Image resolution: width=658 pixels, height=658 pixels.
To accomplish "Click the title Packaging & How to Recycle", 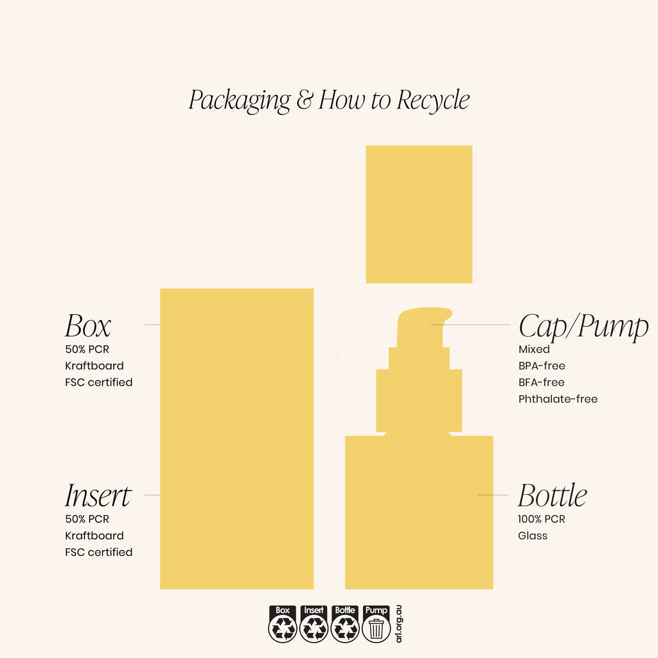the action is coord(329,100).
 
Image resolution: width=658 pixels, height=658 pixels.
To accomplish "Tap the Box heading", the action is coord(87,326).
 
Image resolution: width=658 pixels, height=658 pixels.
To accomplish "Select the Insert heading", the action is coord(98,495).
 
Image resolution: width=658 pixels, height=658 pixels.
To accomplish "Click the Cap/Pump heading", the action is coord(583,326).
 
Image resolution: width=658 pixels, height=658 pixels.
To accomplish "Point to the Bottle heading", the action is coord(552,495).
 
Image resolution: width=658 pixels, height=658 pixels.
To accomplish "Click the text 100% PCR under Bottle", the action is coord(541,519).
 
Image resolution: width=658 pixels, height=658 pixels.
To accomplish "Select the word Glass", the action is coord(533,535).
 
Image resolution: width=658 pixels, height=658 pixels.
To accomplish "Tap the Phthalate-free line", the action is coord(558,398).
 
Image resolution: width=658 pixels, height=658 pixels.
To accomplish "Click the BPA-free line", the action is coord(542,366).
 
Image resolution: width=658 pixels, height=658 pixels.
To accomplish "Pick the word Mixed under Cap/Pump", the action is coord(534,349).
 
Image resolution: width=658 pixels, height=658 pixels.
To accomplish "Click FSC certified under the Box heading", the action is coord(98,382).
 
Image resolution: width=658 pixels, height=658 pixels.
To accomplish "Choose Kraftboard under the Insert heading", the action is coord(94,535).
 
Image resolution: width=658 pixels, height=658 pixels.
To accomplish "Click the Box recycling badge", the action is coord(283,624).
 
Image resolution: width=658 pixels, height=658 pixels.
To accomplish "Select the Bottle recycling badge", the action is coord(345,624).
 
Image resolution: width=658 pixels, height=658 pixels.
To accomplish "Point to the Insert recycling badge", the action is coord(314,624).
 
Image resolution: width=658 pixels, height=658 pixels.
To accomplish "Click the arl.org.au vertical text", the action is coord(398,623).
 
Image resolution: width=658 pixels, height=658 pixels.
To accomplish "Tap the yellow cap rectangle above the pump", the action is coord(419,214).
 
